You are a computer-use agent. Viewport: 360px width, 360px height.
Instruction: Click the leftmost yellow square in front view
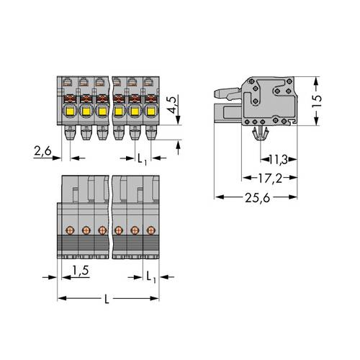click(71, 111)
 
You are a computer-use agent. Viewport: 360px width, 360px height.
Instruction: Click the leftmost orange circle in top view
click(71, 230)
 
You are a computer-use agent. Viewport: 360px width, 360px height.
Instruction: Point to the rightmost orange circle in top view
click(150, 230)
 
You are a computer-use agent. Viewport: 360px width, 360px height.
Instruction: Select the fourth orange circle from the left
click(119, 230)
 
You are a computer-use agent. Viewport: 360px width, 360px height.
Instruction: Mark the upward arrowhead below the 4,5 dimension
click(178, 144)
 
